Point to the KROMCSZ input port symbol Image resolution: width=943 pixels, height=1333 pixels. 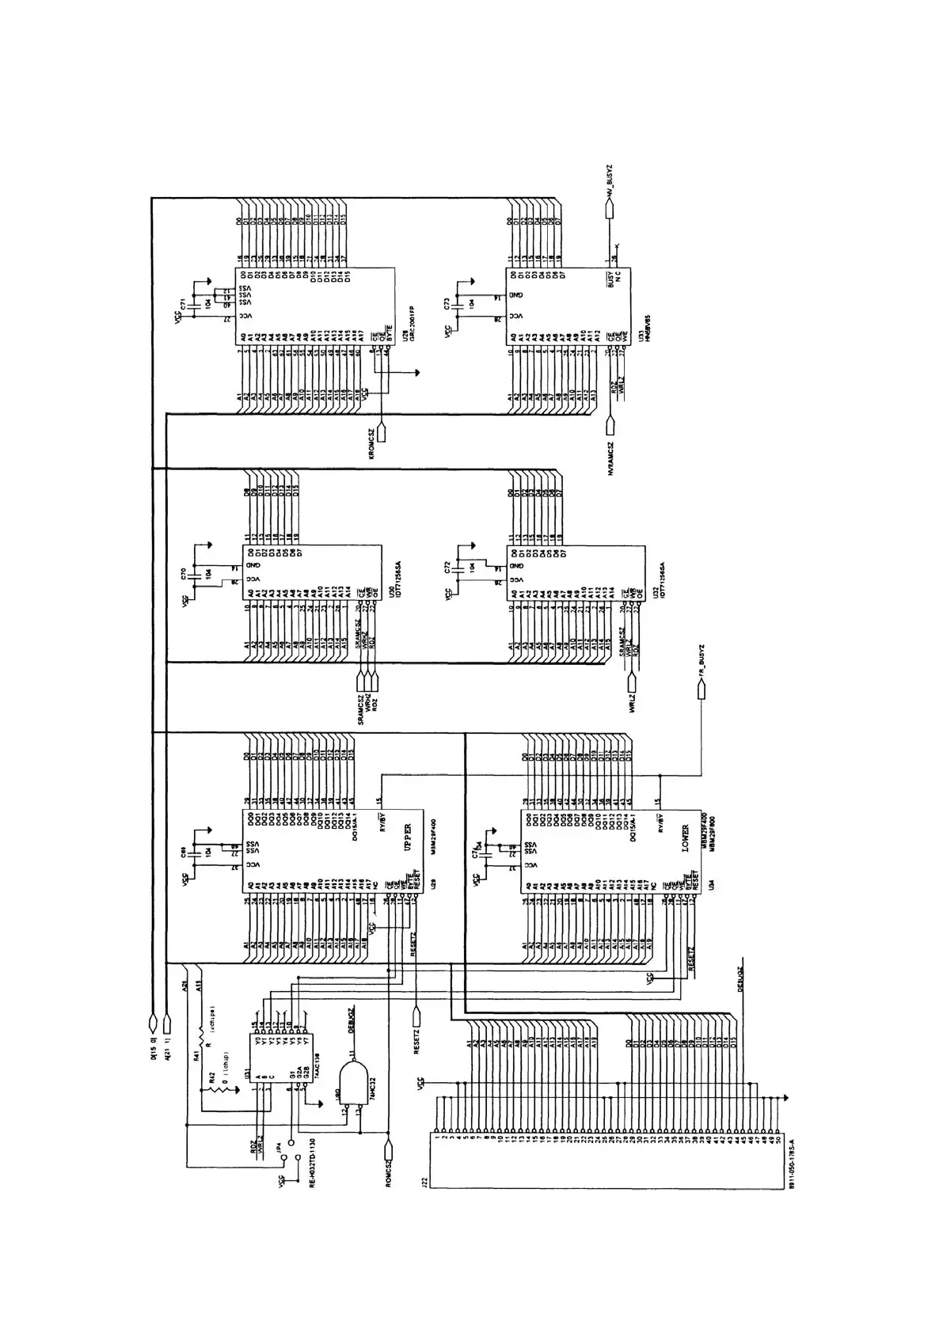(x=381, y=433)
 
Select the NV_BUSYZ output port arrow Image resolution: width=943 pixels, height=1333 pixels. (x=610, y=207)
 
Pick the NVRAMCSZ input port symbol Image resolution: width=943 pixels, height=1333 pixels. (x=610, y=425)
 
